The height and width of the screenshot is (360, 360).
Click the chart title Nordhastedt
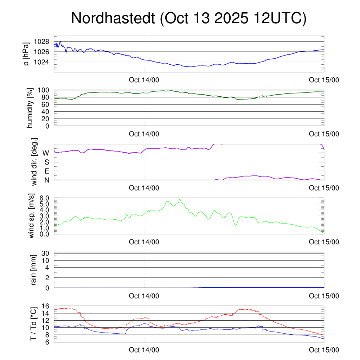tap(189, 18)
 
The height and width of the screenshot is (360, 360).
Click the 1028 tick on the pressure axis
tap(41, 41)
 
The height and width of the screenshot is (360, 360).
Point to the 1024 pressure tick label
tap(41, 62)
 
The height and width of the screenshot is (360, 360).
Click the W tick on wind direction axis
tap(46, 153)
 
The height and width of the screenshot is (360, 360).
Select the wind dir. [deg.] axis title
tap(34, 162)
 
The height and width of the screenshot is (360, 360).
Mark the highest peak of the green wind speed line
tap(180, 199)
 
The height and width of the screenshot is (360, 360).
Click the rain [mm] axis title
tap(34, 270)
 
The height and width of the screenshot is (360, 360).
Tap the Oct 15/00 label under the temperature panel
tap(324, 350)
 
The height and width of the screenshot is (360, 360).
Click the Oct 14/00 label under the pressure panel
tap(144, 80)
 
